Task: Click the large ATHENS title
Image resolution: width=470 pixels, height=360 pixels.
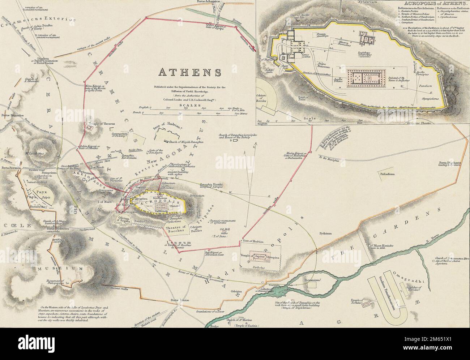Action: [189, 72]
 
